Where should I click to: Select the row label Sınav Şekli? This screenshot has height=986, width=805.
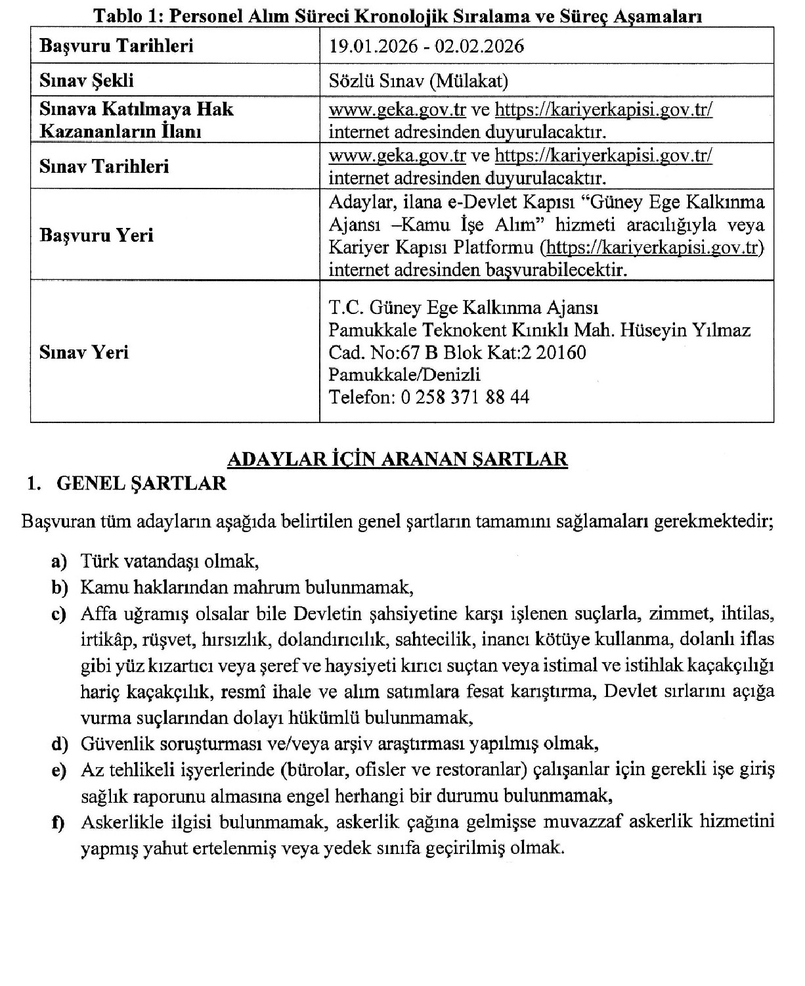[x=87, y=81]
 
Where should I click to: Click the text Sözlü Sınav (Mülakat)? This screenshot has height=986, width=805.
[x=418, y=81]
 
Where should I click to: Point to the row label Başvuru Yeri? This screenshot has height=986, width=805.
[x=97, y=235]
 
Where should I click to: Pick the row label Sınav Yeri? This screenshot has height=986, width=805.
[x=84, y=353]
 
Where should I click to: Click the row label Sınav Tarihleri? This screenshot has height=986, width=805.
[x=104, y=166]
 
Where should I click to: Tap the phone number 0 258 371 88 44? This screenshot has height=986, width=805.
[x=464, y=397]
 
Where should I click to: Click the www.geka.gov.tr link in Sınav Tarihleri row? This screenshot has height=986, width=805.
[x=397, y=156]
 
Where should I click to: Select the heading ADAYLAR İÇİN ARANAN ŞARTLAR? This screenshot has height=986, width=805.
[x=397, y=458]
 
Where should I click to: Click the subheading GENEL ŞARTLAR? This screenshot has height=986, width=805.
[x=142, y=483]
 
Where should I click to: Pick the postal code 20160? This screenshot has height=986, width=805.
[x=561, y=353]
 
